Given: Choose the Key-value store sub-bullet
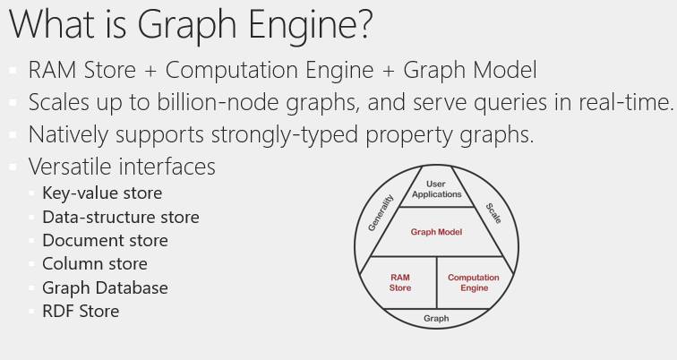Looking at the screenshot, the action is (102, 193).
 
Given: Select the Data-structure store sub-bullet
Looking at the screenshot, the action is (121, 217).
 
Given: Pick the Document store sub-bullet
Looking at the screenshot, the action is (105, 240).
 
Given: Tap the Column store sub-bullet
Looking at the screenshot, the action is (95, 263).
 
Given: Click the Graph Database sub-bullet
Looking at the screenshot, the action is (105, 287).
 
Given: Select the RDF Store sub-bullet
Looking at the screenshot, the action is (81, 311).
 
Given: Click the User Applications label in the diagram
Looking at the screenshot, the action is (436, 189).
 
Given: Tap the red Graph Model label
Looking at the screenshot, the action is (436, 232).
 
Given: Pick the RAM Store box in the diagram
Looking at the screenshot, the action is (399, 283).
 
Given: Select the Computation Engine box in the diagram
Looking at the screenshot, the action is (474, 283).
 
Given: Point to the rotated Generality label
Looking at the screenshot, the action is (381, 213).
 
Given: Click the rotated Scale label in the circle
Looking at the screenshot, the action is (493, 213).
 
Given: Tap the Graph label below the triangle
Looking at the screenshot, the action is (436, 318).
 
